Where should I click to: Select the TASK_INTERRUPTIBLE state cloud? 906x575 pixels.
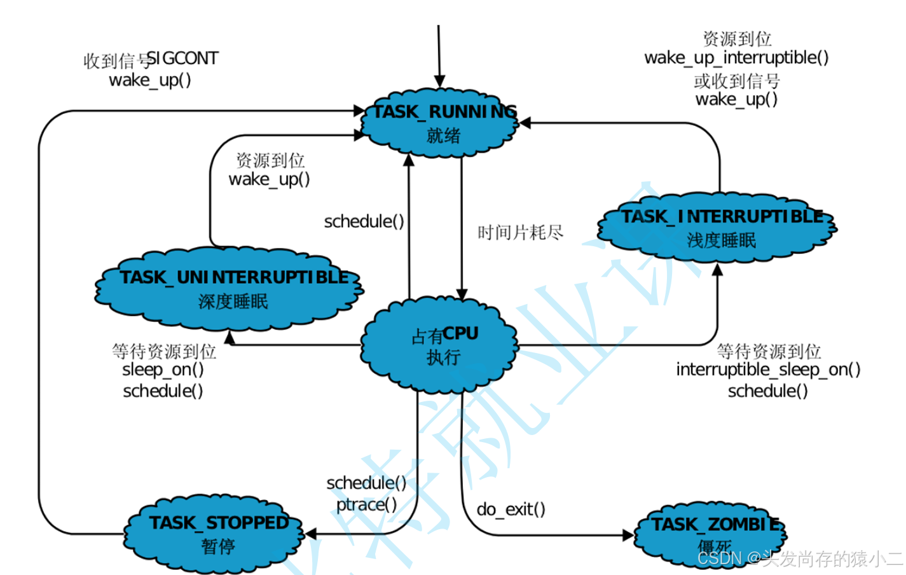pyautogui.click(x=717, y=228)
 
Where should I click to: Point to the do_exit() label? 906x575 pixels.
pyautogui.click(x=511, y=509)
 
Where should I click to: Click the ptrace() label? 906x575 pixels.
pyautogui.click(x=366, y=504)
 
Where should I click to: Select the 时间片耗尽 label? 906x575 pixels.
pyautogui.click(x=520, y=233)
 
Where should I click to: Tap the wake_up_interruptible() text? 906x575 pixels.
pyautogui.click(x=736, y=58)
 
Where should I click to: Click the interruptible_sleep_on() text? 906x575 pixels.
pyautogui.click(x=768, y=370)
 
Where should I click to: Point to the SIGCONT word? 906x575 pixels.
pyautogui.click(x=183, y=59)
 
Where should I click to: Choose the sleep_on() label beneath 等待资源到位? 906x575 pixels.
pyautogui.click(x=163, y=370)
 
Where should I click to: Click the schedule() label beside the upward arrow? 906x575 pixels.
pyautogui.click(x=364, y=221)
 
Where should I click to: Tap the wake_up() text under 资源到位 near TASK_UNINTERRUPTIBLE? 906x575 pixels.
pyautogui.click(x=269, y=179)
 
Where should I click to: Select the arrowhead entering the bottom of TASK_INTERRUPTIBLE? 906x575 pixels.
pyautogui.click(x=717, y=270)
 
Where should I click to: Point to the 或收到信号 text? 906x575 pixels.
pyautogui.click(x=736, y=81)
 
